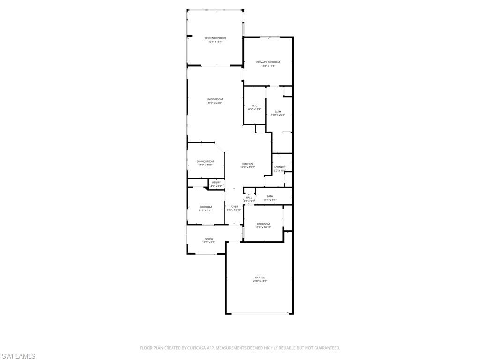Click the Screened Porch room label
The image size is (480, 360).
point(215,38)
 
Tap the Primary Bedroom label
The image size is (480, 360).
point(268,62)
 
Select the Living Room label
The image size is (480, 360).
point(215,99)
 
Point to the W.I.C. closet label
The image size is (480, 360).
point(255,105)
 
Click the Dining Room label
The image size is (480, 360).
point(205,161)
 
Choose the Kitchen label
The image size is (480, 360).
point(247,164)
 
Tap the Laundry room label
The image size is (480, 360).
point(280,167)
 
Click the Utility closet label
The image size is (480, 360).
point(216,182)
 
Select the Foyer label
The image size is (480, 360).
point(234,206)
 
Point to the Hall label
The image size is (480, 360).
point(249,197)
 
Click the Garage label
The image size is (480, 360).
point(260,277)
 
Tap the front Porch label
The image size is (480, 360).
point(209,239)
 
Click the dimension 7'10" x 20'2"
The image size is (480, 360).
point(278,115)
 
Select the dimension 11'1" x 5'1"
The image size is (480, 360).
point(270,200)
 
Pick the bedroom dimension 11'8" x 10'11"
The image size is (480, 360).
point(263,227)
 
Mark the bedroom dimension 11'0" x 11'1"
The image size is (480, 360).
point(205,210)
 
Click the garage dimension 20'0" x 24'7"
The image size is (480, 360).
point(260,281)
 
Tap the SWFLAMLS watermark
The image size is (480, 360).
point(18,357)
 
